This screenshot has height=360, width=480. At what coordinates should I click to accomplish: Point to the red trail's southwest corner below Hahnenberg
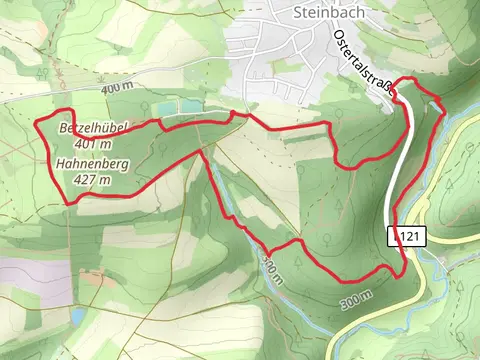point(68,203)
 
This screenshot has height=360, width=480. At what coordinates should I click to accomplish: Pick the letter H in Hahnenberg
point(62,163)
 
